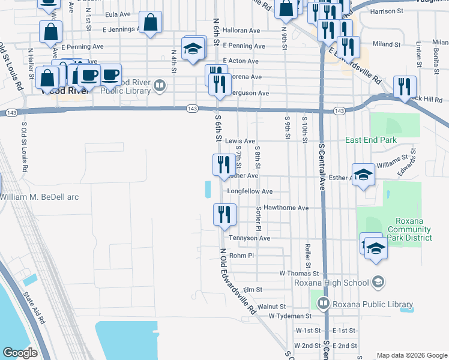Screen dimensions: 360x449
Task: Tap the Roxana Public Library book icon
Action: (x=324, y=304)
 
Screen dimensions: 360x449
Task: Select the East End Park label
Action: (x=371, y=140)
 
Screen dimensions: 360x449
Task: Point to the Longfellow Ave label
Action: (x=250, y=191)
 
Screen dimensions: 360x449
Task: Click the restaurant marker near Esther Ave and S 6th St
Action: (x=224, y=166)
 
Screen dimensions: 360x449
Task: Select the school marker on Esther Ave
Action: (x=363, y=175)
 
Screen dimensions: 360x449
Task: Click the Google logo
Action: (x=20, y=352)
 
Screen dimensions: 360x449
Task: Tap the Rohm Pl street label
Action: (x=242, y=255)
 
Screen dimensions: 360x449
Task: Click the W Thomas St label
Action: (x=295, y=273)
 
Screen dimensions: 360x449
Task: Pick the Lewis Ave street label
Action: (x=240, y=141)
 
